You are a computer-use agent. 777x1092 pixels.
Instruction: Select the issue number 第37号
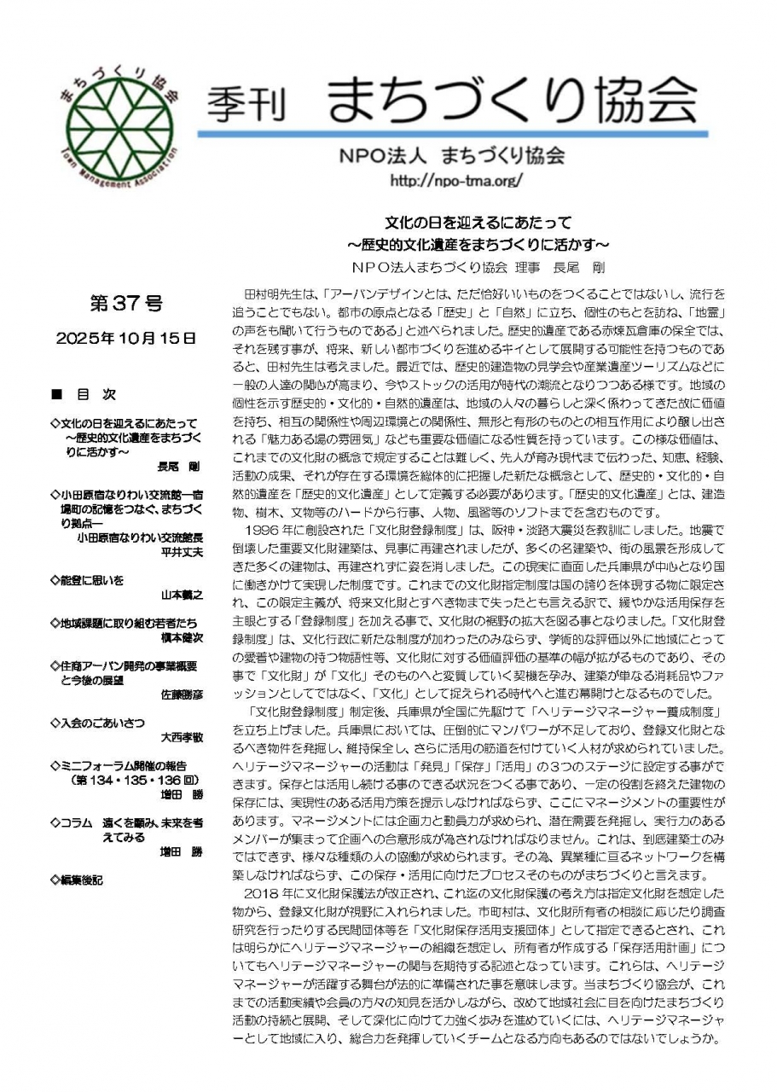coord(125,302)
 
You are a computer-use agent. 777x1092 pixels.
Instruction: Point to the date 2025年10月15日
coord(125,338)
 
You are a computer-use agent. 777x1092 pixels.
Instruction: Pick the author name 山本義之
coord(182,595)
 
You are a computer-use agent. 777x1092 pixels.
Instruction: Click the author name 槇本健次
coord(182,638)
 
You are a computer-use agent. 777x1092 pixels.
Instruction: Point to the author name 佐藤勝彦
coord(182,694)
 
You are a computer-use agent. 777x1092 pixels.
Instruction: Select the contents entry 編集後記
coord(80,880)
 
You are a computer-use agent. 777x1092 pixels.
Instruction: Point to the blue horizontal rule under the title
coord(452,134)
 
